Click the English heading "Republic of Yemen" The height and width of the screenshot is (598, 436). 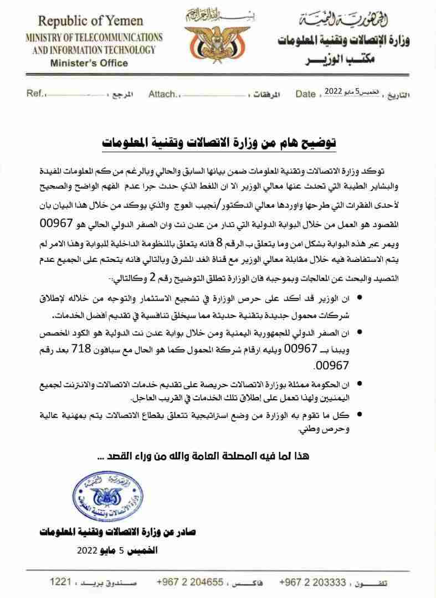(90, 22)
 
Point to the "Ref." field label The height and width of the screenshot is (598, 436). (35, 94)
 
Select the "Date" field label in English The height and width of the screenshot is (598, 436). (305, 94)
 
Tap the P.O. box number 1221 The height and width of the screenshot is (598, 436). (60, 582)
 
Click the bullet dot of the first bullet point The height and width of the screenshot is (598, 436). (361, 298)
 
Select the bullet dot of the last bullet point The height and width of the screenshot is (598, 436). (361, 414)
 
